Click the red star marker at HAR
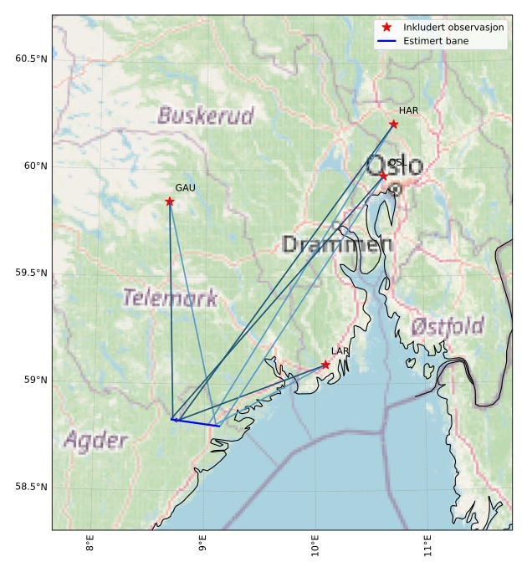coord(393,124)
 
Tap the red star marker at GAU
coord(170,202)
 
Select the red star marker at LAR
coord(325,365)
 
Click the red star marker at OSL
coord(383,176)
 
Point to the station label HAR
coord(408,110)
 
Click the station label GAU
coord(185,188)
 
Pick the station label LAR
coord(340,351)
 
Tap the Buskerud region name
coord(205,116)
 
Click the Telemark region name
coord(170,298)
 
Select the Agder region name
coord(95,440)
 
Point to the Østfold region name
coord(448,326)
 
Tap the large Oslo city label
coord(395,166)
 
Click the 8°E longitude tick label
coord(90,545)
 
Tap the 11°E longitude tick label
coord(427,545)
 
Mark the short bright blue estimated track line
coord(197,423)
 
